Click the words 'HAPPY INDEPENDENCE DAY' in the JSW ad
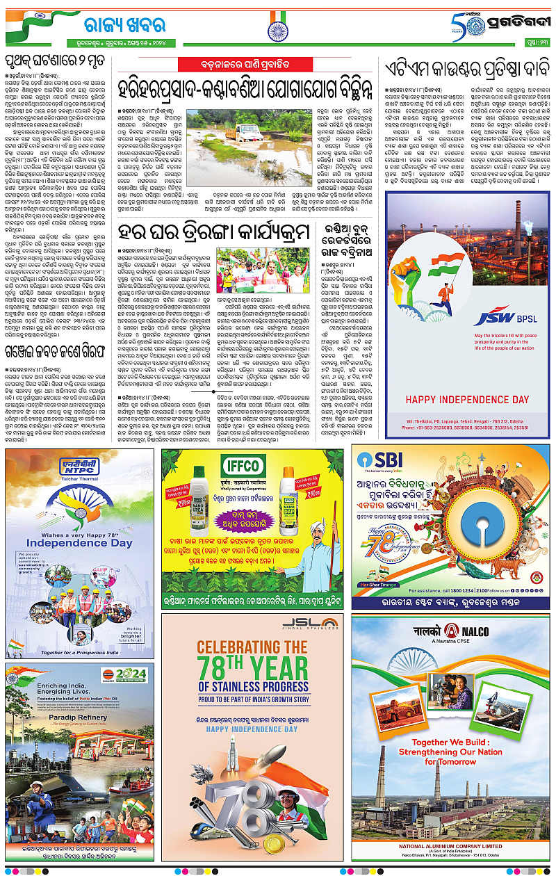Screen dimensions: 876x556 tap(467, 400)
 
